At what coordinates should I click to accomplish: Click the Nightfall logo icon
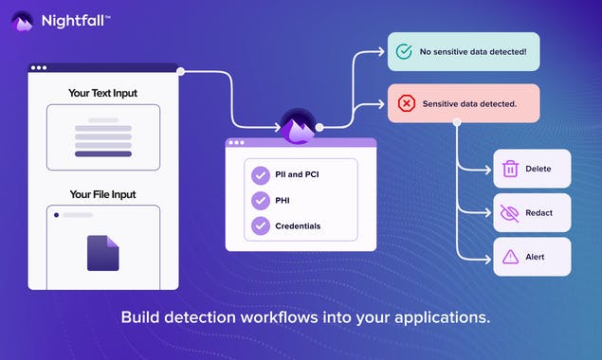(22, 19)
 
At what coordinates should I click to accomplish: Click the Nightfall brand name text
(74, 19)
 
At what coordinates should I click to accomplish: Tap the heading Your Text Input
(102, 93)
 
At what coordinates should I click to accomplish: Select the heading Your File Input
(102, 194)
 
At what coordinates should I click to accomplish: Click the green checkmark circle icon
(405, 52)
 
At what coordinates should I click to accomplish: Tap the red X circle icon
(405, 103)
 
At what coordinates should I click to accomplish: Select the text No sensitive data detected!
(473, 52)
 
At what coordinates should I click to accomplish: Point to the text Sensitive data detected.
(469, 103)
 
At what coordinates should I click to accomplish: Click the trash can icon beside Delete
(510, 169)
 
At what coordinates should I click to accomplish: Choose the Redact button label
(540, 213)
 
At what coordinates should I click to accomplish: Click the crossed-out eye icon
(510, 213)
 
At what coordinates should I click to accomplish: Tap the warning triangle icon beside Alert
(510, 257)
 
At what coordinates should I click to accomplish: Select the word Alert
(535, 257)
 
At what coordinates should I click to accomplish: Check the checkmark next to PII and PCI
(260, 175)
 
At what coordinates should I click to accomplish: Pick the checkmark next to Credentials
(260, 226)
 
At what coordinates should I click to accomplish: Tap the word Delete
(538, 169)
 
